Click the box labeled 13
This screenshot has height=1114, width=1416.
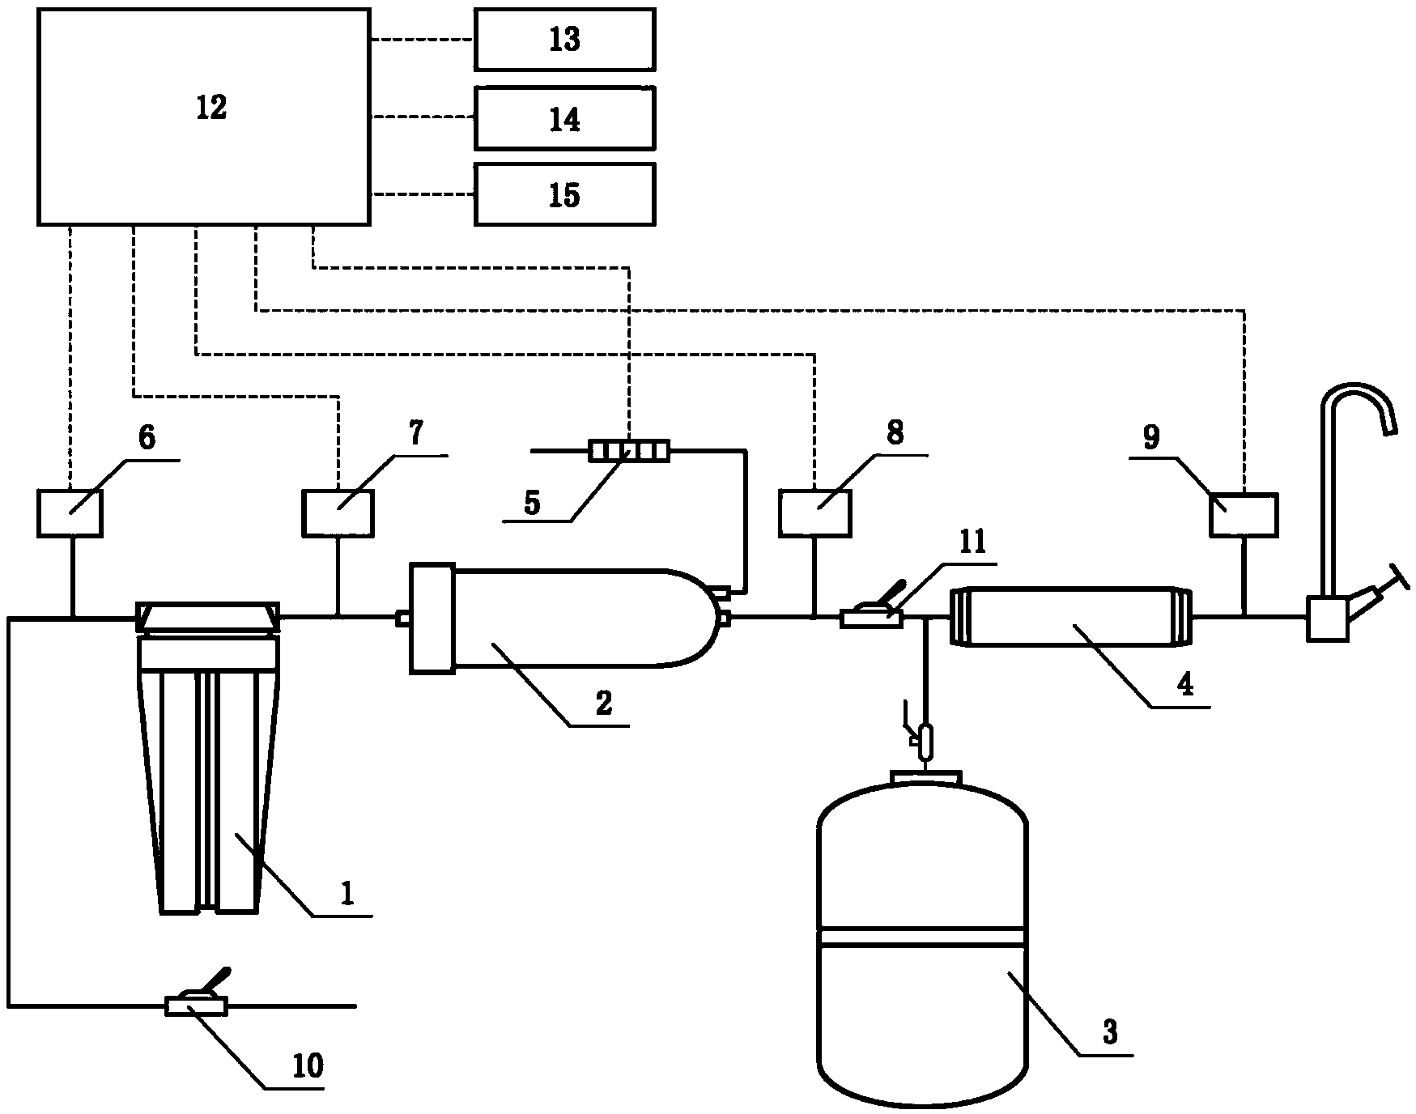564,40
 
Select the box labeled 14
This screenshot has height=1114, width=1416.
564,118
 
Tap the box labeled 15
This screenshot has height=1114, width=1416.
564,194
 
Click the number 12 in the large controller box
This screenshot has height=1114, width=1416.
211,108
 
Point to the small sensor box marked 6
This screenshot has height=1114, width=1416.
70,513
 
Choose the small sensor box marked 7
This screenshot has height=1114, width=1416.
338,512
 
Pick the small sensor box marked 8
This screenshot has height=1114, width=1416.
814,513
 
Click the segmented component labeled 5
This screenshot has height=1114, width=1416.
629,451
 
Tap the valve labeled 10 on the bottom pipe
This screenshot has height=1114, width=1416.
196,1006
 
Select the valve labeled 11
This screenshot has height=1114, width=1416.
871,619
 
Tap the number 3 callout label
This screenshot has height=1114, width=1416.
1109,1031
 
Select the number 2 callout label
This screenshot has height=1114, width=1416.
604,702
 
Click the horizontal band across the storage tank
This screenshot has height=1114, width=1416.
923,937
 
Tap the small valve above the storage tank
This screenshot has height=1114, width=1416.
924,739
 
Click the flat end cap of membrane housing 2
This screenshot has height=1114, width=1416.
432,619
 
